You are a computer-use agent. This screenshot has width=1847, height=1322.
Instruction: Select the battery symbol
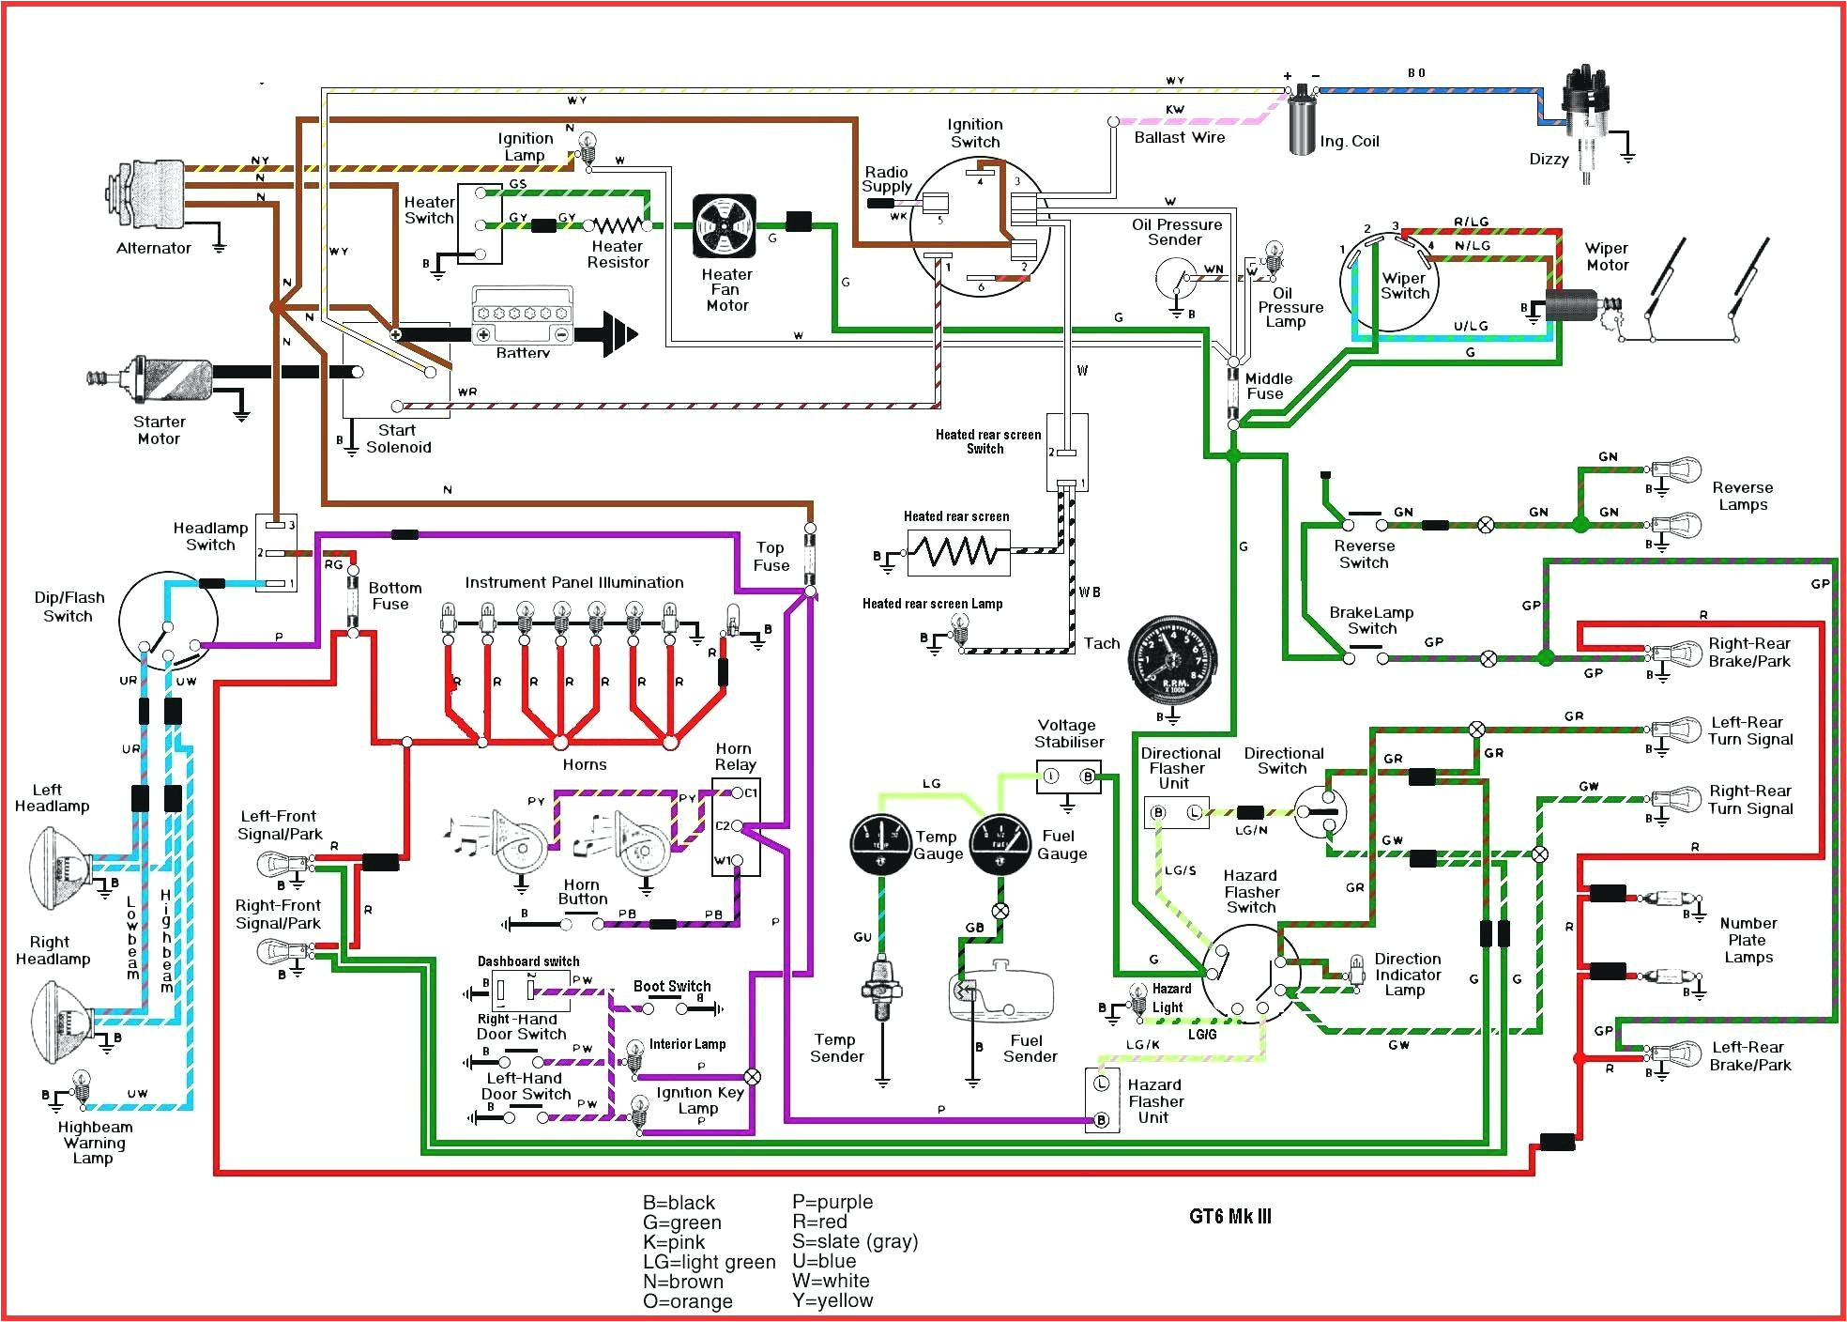522,319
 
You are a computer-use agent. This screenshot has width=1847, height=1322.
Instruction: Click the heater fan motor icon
725,226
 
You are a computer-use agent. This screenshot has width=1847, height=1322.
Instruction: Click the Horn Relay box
736,827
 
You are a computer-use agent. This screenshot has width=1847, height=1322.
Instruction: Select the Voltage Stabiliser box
1068,776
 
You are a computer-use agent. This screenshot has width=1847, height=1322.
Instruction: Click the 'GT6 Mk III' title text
1229,1217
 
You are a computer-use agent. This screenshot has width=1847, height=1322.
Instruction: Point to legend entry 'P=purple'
832,1202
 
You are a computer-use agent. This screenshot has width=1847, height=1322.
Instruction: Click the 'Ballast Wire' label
1179,138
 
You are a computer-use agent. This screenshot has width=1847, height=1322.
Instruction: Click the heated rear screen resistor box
957,552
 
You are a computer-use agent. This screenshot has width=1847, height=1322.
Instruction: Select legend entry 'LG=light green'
709,1262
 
